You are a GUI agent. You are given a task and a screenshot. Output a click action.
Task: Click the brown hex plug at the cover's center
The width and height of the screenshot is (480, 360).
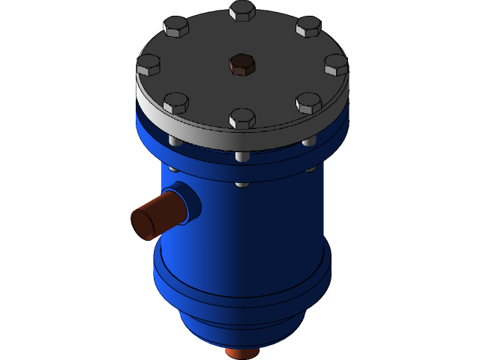[241, 64]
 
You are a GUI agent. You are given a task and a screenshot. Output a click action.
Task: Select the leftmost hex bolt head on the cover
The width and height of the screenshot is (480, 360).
[148, 65]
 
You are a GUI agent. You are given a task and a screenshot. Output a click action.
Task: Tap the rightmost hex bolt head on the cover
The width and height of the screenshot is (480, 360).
[336, 65]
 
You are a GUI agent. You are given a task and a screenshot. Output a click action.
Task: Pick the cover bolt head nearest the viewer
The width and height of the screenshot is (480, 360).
[241, 118]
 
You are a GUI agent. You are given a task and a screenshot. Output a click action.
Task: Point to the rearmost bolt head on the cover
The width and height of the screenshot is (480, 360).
[242, 10]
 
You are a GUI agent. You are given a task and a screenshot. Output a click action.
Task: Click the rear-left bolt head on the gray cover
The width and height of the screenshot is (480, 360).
[175, 28]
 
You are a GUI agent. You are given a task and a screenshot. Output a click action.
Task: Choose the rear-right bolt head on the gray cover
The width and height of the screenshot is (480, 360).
[308, 27]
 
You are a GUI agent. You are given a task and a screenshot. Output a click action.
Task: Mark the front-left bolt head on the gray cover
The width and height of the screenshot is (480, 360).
[175, 103]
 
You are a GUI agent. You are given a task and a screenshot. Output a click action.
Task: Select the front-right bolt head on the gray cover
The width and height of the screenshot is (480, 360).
[308, 103]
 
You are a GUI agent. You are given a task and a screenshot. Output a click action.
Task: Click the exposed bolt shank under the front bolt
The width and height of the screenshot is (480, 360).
[241, 157]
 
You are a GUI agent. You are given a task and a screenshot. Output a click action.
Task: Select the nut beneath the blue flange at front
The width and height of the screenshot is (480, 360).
[241, 183]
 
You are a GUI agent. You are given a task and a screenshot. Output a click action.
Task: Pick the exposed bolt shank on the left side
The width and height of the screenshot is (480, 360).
[175, 141]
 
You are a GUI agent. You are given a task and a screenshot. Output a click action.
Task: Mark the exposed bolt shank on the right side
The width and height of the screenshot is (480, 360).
[309, 141]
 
